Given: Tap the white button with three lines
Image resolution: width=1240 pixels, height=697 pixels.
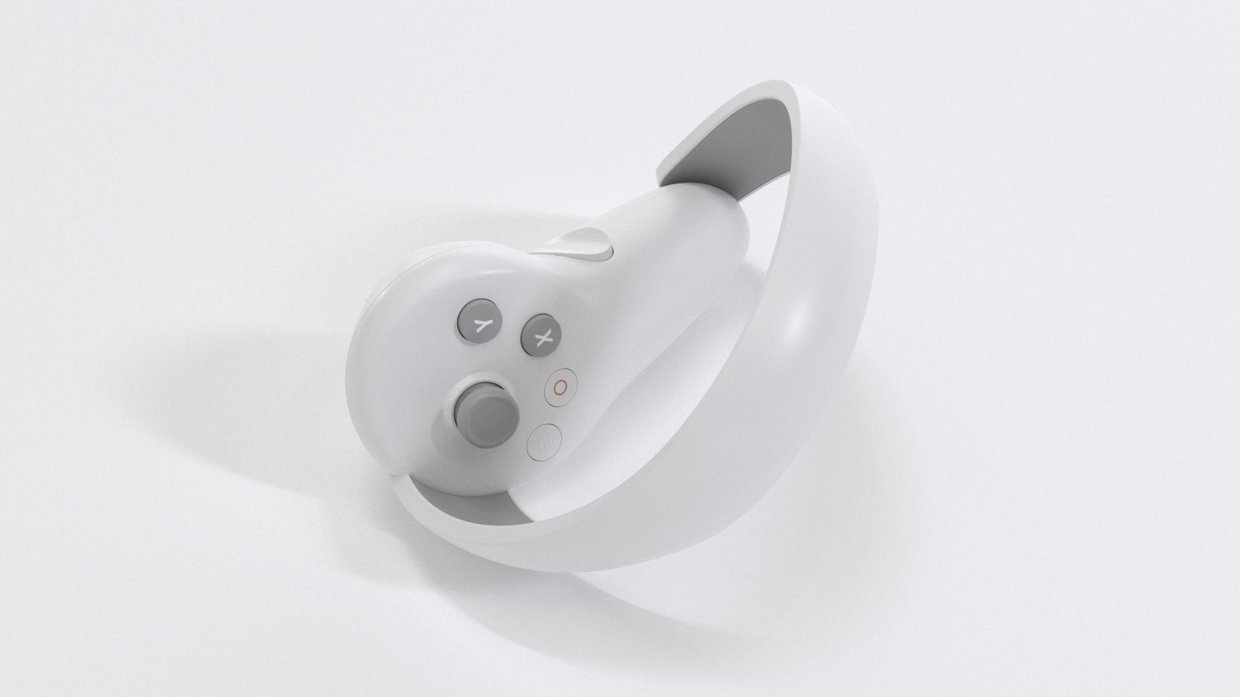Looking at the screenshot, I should click(544, 442).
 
